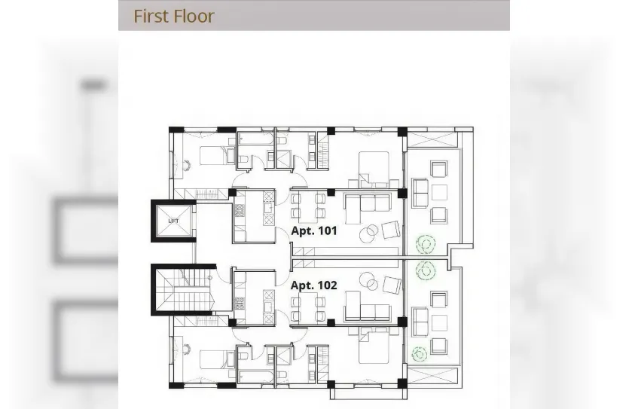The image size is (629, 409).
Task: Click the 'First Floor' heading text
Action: pos(174,16)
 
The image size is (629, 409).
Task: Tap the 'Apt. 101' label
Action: pos(314,231)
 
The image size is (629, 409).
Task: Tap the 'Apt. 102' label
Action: pos(314,285)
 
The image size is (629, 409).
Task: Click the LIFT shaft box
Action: pos(173,221)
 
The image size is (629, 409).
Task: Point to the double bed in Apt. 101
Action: pos(373,167)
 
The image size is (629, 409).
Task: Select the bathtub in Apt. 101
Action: pos(256,139)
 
